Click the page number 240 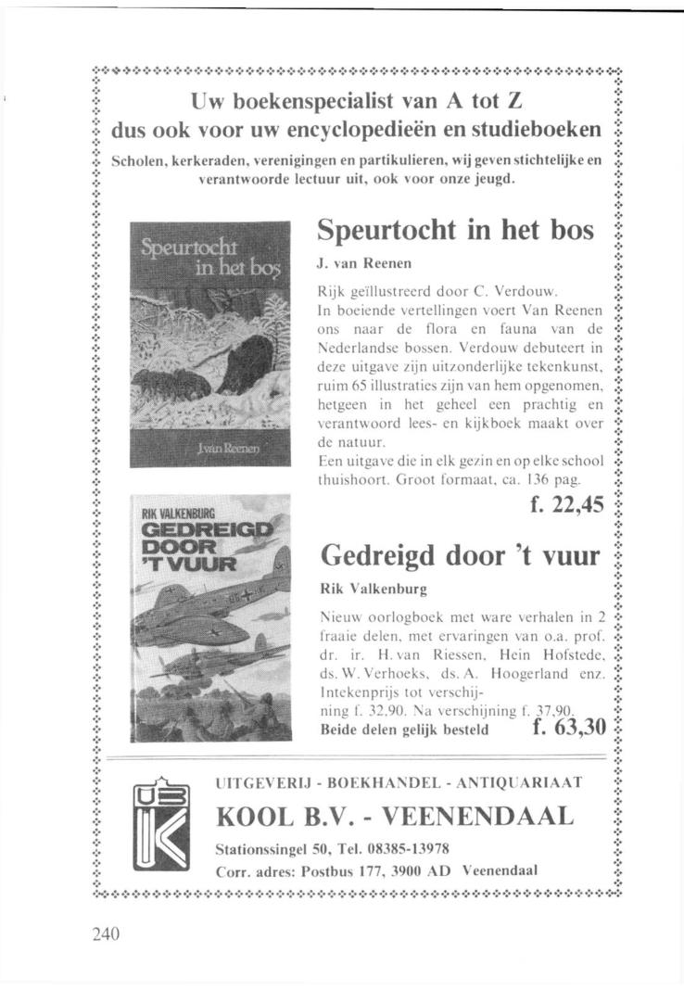point(107,934)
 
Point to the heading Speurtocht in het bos point(455,230)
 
